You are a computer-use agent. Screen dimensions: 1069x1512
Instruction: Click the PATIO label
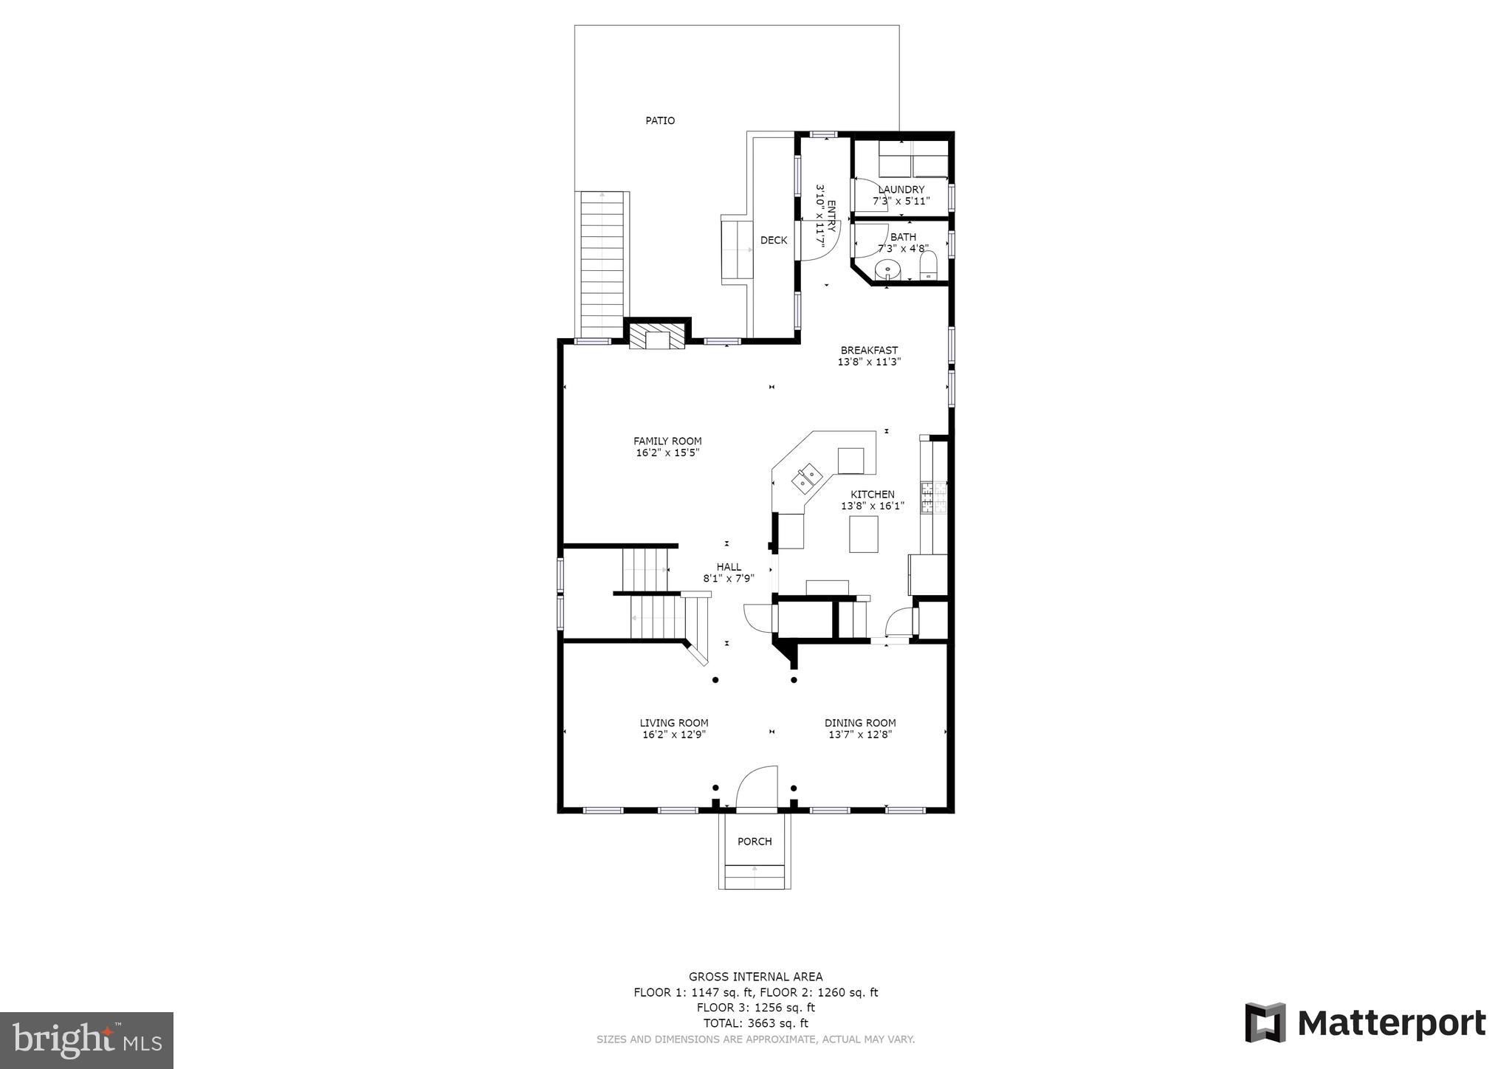(659, 120)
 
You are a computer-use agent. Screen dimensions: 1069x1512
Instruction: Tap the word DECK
(773, 240)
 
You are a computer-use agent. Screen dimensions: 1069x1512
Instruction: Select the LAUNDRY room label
(901, 190)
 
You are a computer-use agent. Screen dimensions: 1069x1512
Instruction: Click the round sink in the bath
(887, 270)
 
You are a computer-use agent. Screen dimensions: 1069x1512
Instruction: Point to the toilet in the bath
(928, 267)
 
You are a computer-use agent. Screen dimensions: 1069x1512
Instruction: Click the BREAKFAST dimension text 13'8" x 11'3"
(869, 362)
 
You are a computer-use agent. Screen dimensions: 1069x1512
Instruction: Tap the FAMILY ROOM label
(667, 441)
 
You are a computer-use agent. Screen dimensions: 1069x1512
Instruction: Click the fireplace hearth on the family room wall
(657, 339)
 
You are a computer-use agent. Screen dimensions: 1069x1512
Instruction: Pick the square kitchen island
(863, 534)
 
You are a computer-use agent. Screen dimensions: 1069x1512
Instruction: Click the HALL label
(729, 567)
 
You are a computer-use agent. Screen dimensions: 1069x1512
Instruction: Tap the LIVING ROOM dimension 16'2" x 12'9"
(673, 735)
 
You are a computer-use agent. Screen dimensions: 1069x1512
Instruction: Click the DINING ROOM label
(860, 723)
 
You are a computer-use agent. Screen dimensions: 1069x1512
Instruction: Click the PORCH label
(755, 842)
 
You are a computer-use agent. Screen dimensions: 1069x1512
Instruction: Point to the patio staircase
(604, 264)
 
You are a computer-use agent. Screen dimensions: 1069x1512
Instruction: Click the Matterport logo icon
(1265, 1022)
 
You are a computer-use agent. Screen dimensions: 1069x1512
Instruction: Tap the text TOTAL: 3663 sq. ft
(755, 1023)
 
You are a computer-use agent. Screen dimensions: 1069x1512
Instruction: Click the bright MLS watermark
(86, 1041)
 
